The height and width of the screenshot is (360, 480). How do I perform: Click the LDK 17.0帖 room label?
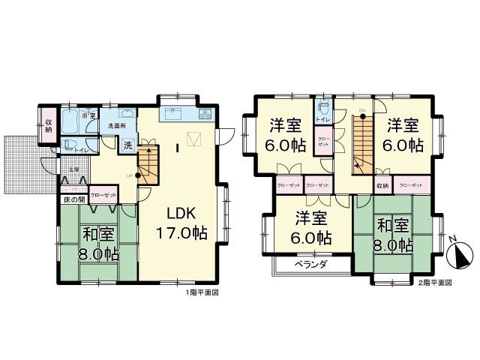(x=181, y=223)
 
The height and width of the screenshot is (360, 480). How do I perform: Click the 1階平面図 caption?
(x=201, y=293)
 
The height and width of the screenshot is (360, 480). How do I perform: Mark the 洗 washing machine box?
(x=127, y=144)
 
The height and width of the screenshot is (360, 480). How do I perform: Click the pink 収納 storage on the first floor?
(x=49, y=125)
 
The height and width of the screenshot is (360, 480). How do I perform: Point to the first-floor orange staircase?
(x=150, y=163)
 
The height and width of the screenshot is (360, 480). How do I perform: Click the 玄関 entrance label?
(x=74, y=171)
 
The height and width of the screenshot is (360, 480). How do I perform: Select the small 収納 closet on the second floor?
(x=382, y=184)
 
